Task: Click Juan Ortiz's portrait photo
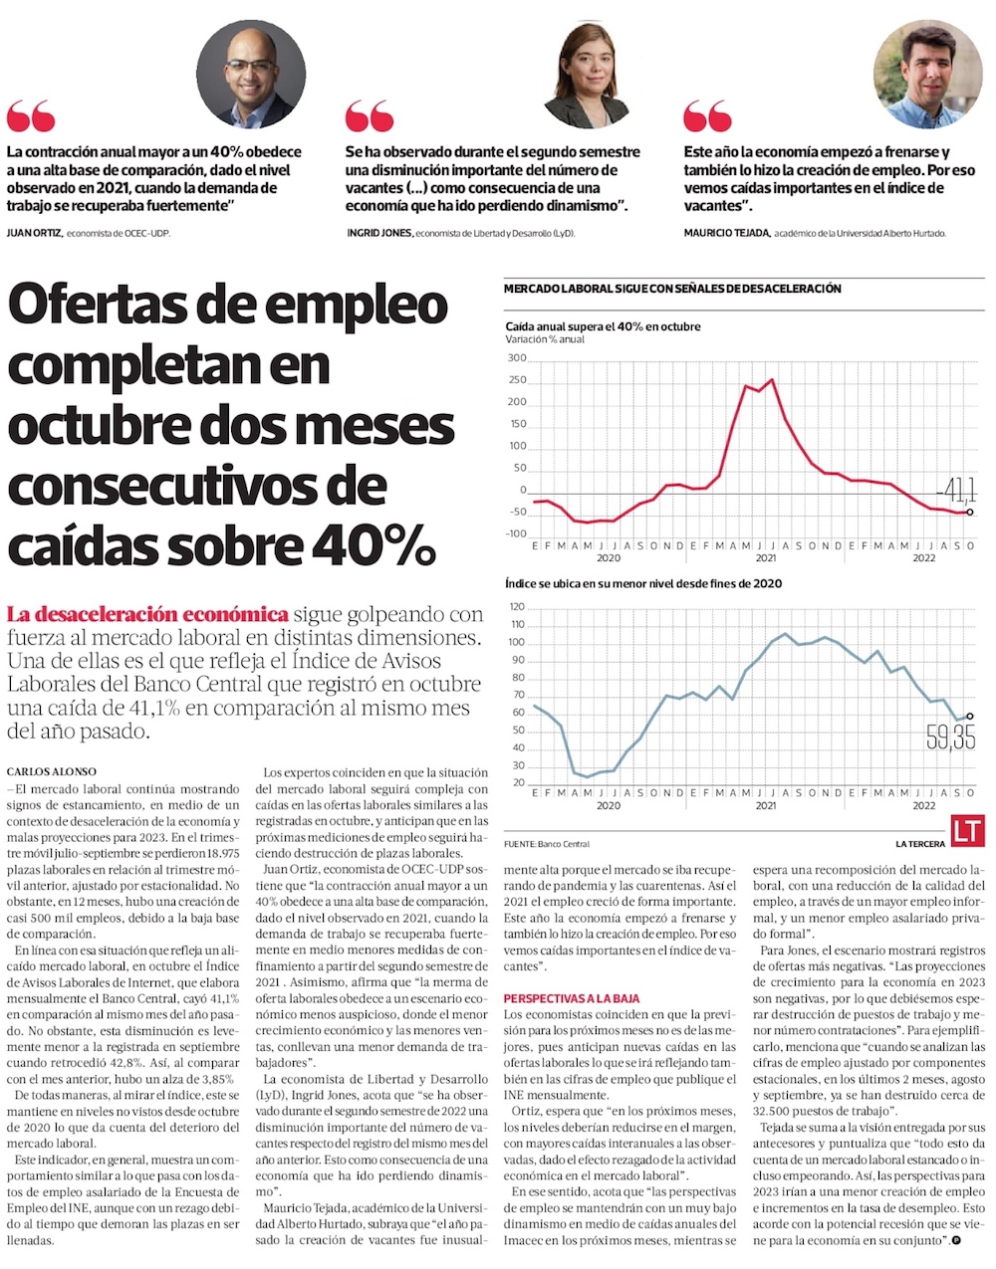251,75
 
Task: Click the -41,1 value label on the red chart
955,490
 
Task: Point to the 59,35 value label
950,738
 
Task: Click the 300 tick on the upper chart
516,358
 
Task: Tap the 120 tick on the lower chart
516,606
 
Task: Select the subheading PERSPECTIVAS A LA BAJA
572,998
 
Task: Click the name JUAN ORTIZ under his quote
34,233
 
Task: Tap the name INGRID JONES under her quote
377,233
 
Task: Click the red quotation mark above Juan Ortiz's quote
31,115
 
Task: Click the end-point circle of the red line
970,513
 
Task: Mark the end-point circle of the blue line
970,716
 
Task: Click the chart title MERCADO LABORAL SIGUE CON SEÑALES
672,289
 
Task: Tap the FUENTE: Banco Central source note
547,844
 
